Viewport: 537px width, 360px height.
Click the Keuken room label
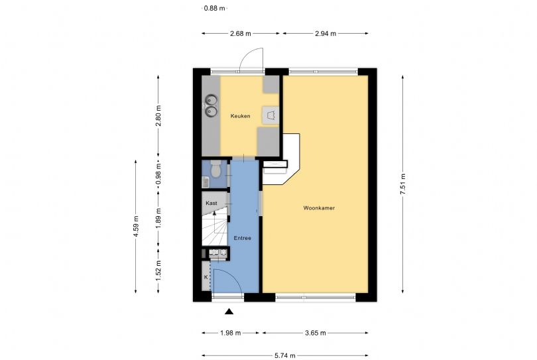(x=240, y=117)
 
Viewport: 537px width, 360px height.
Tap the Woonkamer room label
(x=319, y=208)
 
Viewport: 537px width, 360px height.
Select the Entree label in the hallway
(x=243, y=238)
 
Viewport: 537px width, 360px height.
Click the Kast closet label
(x=211, y=203)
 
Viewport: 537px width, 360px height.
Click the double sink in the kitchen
(x=211, y=106)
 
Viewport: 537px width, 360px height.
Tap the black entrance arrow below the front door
(x=229, y=312)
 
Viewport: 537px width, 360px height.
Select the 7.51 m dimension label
(x=403, y=182)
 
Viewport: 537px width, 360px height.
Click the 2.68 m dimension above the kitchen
(x=240, y=32)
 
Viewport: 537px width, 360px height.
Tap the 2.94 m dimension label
(x=325, y=32)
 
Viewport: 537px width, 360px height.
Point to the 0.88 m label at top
(x=213, y=9)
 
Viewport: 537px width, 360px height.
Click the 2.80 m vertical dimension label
(x=158, y=117)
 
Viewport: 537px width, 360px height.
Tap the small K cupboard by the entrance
(x=206, y=276)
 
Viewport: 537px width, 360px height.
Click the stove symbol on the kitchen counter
(x=270, y=115)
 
